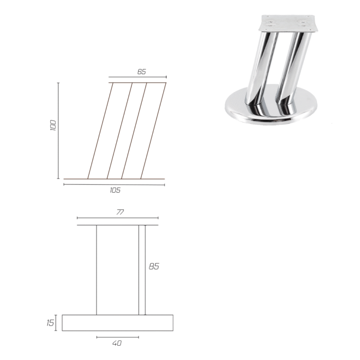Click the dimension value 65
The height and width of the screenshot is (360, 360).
coord(141,71)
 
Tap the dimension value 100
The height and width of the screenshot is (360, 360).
coord(53,125)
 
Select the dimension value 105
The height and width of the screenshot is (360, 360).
coord(115,190)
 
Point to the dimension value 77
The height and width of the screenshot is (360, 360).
coord(120,212)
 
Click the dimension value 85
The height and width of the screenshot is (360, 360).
coord(154,266)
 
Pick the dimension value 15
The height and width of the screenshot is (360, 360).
coord(50,323)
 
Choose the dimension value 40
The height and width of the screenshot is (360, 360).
coord(117,343)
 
